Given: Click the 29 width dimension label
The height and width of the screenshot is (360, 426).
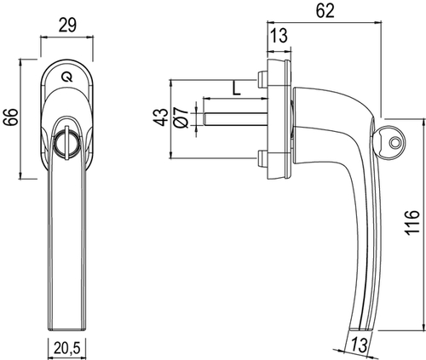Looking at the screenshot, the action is click(67, 26).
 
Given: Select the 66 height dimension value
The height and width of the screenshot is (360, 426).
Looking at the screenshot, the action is click(11, 117).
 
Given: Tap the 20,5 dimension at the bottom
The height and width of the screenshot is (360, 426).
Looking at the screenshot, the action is click(67, 349).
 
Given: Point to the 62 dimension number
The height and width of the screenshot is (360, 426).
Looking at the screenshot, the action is click(325, 11).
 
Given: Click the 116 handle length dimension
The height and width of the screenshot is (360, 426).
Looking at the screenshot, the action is click(412, 222).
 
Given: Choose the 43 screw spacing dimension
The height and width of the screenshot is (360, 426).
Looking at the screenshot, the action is click(161, 117).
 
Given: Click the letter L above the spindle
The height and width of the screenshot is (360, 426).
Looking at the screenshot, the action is click(236, 88).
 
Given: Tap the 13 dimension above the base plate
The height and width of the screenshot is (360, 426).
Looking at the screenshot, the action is click(278, 36).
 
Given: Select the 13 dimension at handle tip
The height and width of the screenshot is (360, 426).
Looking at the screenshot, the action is click(359, 346).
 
